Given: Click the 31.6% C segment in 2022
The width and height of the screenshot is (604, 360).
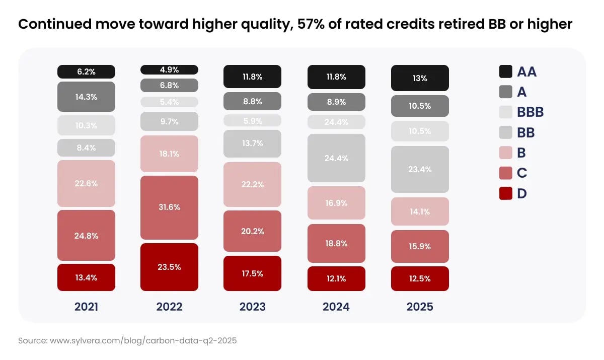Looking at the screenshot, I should click(169, 207).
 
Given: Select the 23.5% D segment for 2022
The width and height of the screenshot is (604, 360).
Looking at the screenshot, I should click(169, 267).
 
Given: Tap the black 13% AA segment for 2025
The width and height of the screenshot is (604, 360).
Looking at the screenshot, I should click(420, 78).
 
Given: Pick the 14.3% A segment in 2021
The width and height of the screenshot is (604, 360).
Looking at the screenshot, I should click(86, 97).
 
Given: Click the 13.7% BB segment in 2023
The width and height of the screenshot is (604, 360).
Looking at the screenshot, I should click(252, 143).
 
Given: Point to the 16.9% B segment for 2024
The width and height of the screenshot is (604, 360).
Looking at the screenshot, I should click(336, 203).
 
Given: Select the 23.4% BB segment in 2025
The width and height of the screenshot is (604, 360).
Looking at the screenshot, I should click(420, 169).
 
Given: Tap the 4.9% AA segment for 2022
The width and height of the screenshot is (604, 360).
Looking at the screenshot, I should click(169, 69).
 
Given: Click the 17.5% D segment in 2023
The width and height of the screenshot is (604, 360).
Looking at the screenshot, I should click(252, 273).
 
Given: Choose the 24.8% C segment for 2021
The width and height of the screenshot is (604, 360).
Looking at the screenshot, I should click(86, 235).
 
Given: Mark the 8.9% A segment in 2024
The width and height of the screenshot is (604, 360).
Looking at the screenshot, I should click(336, 102).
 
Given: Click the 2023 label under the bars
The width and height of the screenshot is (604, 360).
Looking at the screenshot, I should click(252, 307).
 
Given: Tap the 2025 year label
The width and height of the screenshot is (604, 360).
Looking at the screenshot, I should click(420, 307).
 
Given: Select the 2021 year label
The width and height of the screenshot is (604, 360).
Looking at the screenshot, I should click(86, 307).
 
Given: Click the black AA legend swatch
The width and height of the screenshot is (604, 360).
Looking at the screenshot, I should click(506, 71).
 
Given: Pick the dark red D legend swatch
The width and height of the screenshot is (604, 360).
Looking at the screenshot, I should click(506, 193).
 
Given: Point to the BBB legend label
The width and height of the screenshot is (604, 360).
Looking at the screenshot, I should click(530, 112).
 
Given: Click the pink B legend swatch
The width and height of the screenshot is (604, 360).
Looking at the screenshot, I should click(506, 153).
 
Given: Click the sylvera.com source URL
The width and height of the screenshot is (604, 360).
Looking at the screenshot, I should click(143, 340).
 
